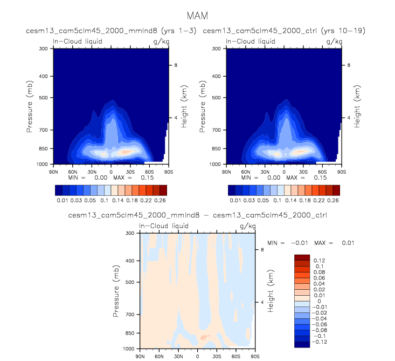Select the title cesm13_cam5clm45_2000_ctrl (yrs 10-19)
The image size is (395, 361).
click(283, 32)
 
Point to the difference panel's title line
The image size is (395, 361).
click(197, 215)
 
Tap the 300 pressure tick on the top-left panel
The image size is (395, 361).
click(43, 49)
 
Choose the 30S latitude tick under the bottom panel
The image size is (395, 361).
click(217, 356)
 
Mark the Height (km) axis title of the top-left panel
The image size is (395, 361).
click(184, 106)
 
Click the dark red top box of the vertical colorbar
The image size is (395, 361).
click(302, 257)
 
